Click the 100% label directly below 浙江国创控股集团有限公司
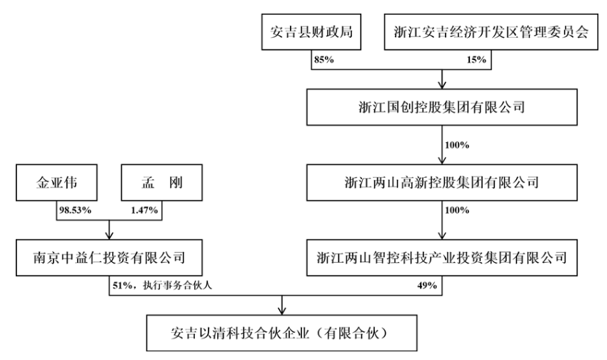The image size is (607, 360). [x=456, y=145]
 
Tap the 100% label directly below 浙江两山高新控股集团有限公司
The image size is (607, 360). [x=456, y=211]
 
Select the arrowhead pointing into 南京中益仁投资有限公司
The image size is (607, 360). [x=109, y=237]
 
